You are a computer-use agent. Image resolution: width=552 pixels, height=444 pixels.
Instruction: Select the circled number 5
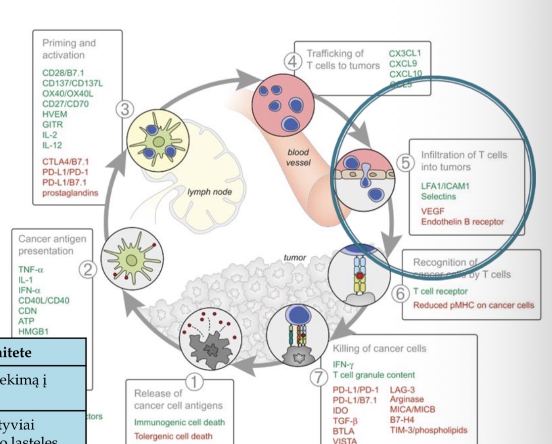406,164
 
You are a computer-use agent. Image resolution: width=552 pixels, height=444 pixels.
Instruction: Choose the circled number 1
194,382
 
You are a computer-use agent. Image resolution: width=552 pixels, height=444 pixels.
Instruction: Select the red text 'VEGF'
431,211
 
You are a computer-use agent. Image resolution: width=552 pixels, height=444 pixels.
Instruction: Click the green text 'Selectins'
438,197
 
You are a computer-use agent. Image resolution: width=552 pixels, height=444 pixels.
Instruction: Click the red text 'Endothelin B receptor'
462,222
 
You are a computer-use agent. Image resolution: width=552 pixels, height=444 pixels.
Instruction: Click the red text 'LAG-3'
400,391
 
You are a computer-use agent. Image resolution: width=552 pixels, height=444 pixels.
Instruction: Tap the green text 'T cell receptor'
440,291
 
